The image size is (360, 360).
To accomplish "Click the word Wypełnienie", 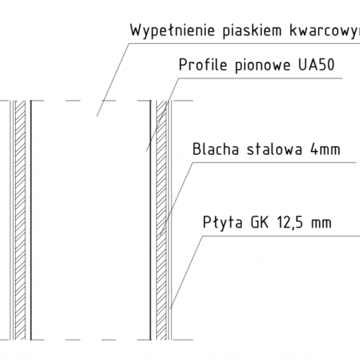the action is (x=172, y=30).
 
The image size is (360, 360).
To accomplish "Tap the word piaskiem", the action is (x=252, y=30).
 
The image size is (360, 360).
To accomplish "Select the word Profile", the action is (x=203, y=65).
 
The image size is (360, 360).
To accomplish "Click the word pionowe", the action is (x=263, y=66).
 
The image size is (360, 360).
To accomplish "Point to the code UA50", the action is (x=316, y=65).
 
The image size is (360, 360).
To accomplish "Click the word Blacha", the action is (x=216, y=149).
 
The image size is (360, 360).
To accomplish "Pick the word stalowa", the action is (x=274, y=149).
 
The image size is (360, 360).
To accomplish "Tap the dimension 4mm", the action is (x=325, y=149).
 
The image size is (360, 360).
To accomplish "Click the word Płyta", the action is (x=222, y=222).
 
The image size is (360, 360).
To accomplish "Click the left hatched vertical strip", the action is (x=20, y=220).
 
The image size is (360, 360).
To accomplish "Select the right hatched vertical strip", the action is (x=161, y=220).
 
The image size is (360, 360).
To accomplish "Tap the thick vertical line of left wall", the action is (x=31, y=220).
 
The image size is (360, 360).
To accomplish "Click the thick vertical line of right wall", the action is (x=150, y=220).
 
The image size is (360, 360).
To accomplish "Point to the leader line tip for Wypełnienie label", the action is (x=96, y=117).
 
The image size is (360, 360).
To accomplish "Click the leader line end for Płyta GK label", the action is (x=171, y=308).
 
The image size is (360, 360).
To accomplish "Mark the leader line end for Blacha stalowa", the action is (x=160, y=235).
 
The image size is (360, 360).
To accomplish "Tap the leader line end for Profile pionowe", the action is (x=147, y=151).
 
